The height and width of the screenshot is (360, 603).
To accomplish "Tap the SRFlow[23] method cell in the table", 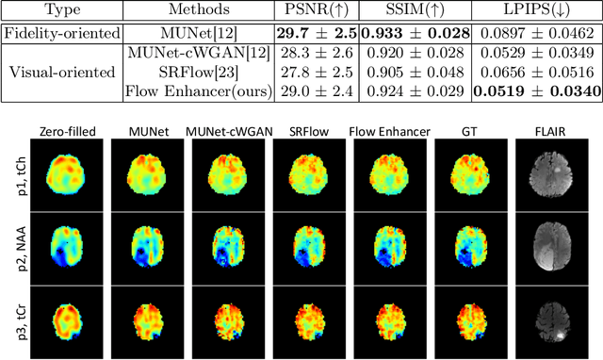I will (204, 72).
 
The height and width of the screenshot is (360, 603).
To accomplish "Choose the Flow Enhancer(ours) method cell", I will (204, 90).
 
